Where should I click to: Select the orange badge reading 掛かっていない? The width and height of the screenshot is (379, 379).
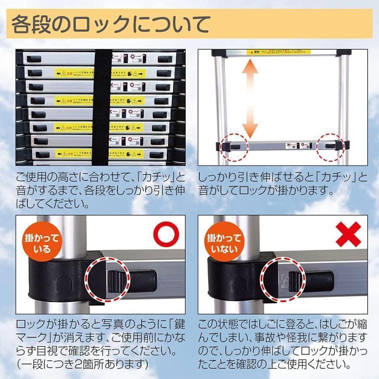click(223, 244)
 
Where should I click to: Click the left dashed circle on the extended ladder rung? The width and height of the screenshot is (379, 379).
click(236, 145)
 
